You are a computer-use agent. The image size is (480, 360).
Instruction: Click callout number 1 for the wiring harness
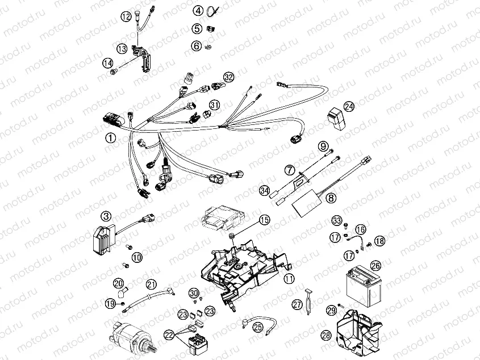tap(110, 137)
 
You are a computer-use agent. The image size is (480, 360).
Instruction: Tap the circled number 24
tap(348, 106)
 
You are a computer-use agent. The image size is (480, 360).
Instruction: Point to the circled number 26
tap(375, 265)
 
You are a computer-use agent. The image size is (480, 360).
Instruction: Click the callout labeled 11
tap(289, 278)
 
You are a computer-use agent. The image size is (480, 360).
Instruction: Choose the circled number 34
tap(264, 191)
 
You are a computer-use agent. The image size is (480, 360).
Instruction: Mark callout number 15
tap(264, 220)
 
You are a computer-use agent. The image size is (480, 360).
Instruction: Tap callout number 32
tap(228, 77)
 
